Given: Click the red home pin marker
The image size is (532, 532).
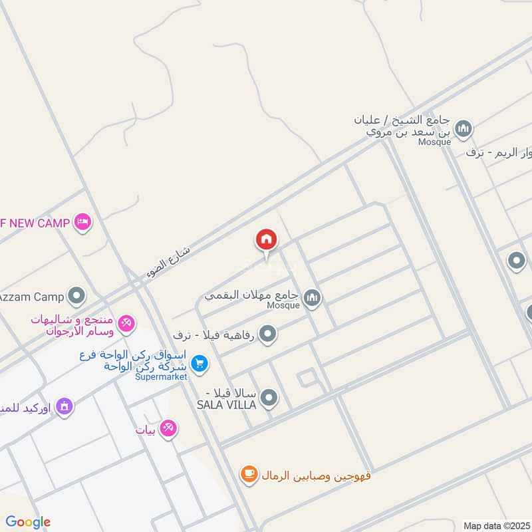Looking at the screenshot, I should tap(266, 239).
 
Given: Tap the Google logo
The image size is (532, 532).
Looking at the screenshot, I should tap(28, 522).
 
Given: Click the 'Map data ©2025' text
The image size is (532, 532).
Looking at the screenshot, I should tap(495, 525).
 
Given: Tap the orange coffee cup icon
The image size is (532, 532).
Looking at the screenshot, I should tap(249, 474).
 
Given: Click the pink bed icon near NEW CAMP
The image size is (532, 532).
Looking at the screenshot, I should tap(82, 222).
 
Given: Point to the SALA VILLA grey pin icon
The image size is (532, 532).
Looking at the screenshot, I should tap(269, 398).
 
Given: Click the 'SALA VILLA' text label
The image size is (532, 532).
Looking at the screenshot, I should tap(225, 404).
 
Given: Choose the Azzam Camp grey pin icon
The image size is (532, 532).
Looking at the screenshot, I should tap(78, 295).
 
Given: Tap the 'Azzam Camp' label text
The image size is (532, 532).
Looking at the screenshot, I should tap(31, 295).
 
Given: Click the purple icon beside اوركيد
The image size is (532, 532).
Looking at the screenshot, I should tap(64, 406).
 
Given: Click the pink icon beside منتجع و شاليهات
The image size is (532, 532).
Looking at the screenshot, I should tap(126, 324).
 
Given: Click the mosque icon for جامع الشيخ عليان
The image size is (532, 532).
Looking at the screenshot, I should tap(463, 128).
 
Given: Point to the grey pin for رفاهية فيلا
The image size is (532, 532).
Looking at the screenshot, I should tap(267, 334).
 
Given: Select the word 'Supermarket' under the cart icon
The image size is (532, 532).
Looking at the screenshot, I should tap(162, 376).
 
